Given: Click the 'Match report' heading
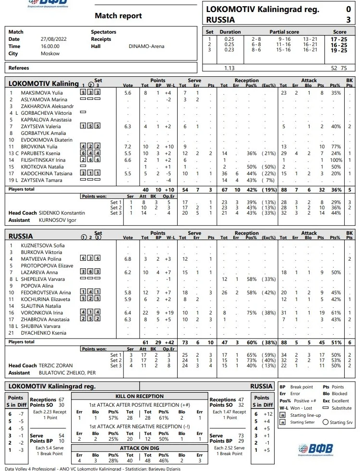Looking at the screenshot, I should tap(118, 16).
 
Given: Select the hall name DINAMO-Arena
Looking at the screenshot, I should tap(146, 47).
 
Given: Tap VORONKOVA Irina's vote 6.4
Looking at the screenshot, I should tap(128, 313).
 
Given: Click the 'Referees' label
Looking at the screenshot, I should tap(19, 68).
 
